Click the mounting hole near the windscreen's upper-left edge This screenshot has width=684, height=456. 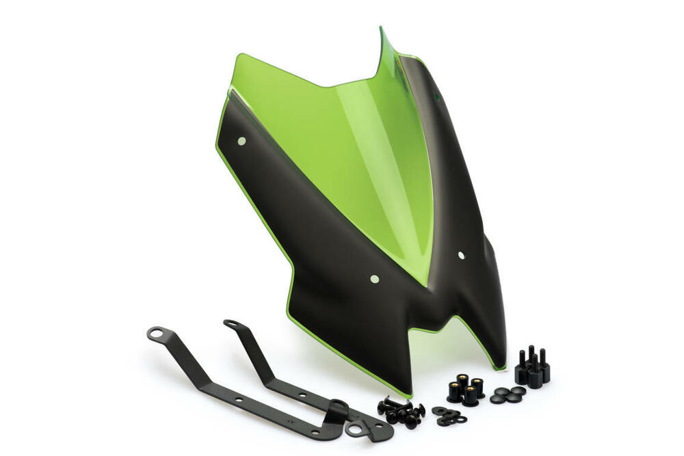241,141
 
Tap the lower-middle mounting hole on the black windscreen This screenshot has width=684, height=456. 373,279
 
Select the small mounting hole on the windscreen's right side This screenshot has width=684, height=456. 461,255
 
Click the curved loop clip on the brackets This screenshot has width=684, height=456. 337,412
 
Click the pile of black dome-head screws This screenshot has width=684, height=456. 401,412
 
